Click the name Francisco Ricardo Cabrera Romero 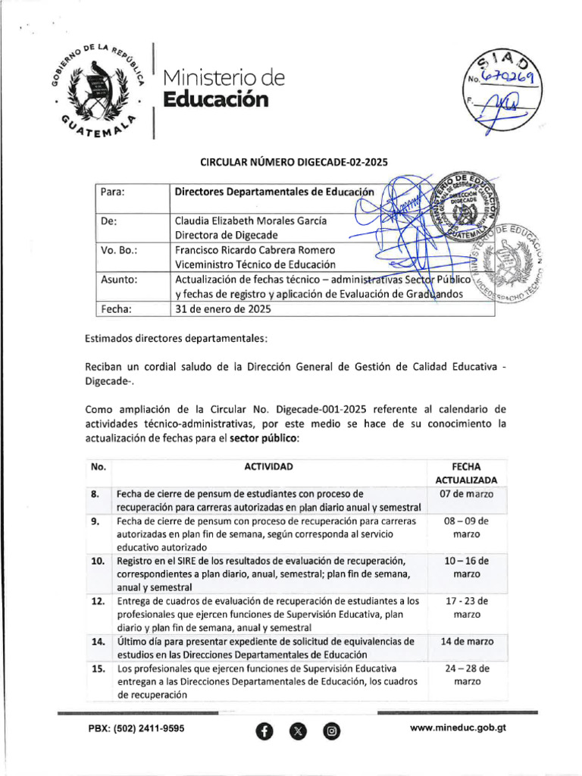coord(255,250)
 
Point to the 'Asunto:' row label coord(119,280)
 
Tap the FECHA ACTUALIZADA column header coord(466,473)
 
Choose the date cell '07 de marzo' coord(466,494)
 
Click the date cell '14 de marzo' coord(466,641)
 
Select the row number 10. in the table coord(98,561)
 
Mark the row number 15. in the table coord(98,668)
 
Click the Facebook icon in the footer coord(264,731)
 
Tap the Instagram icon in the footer coord(331,731)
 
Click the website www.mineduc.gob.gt coord(457,727)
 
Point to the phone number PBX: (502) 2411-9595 coord(136,727)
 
